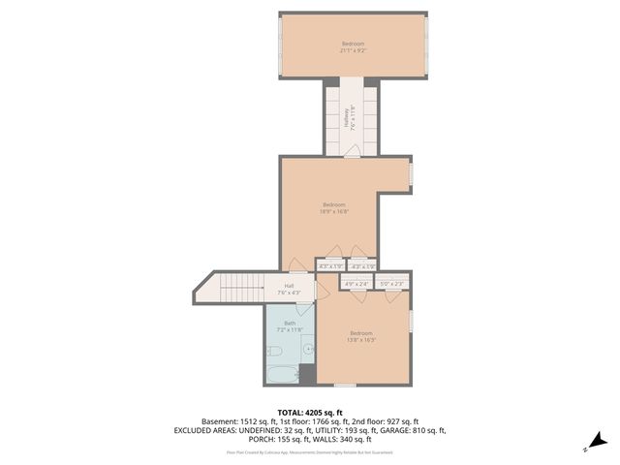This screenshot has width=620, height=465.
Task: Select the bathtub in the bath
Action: [x=282, y=374]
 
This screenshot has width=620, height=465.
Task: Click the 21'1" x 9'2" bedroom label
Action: [x=353, y=46]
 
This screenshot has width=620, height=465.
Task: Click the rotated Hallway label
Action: [x=346, y=118]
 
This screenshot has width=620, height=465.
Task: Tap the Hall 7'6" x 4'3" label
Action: [x=289, y=289]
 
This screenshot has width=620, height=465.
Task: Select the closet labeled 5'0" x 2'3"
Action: [x=391, y=284]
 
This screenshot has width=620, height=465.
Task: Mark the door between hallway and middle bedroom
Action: [x=352, y=151]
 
